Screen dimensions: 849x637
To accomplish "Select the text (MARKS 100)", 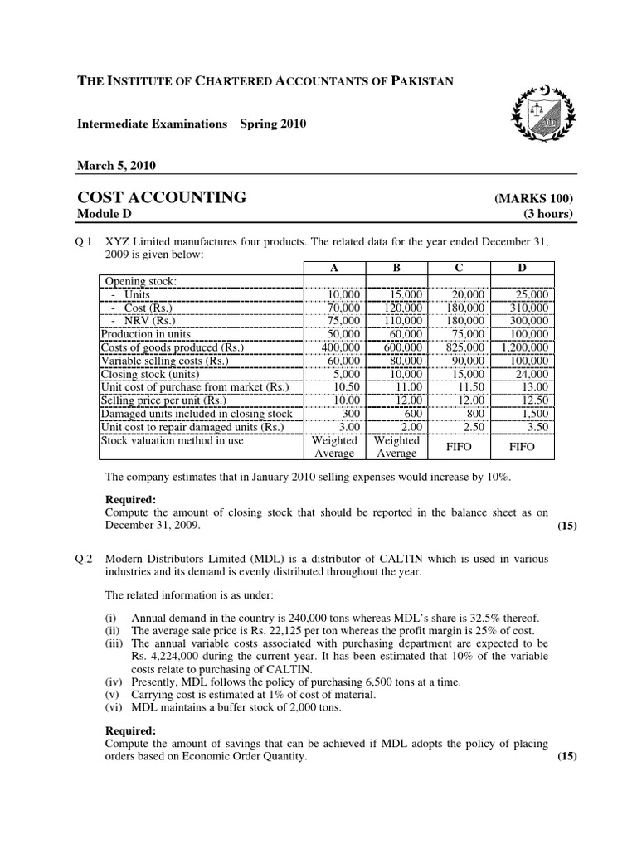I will (534, 200).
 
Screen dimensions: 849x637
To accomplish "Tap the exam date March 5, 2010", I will (116, 165).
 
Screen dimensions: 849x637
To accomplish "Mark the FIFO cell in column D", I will (522, 447).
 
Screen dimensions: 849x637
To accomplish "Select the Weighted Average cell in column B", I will (396, 447).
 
